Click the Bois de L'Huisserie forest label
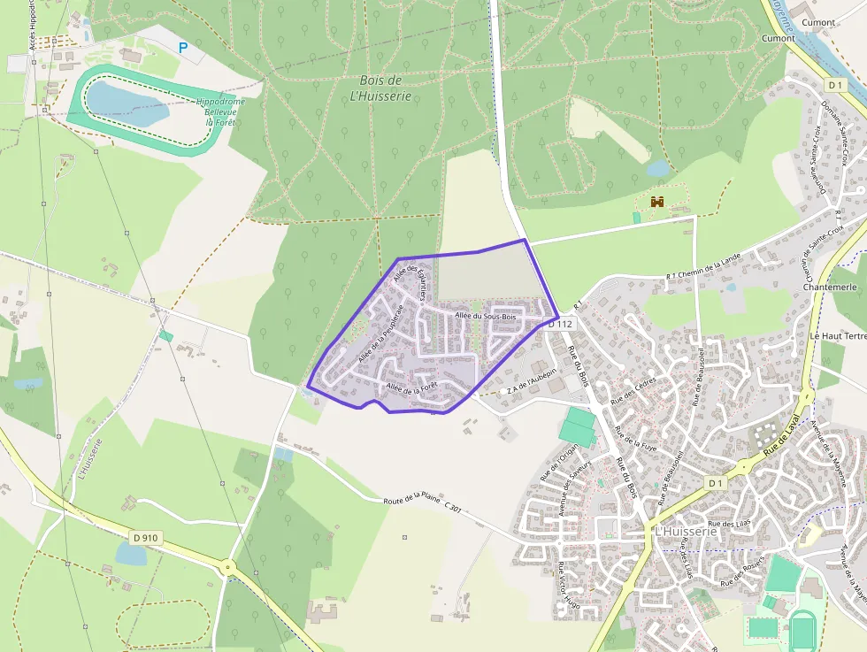[x=380, y=88]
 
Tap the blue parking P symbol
[x=183, y=48]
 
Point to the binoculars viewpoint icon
[x=657, y=202]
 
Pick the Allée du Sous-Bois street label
[x=485, y=316]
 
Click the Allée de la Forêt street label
[x=411, y=387]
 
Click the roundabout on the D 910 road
[x=229, y=566]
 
